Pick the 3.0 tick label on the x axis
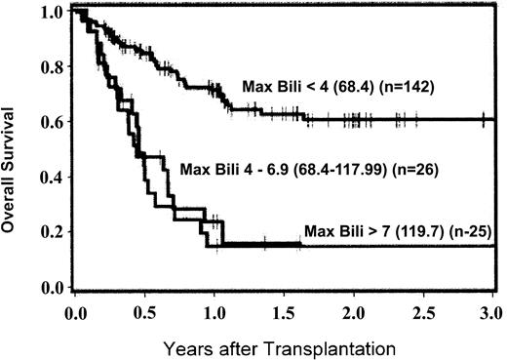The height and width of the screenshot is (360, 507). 491,313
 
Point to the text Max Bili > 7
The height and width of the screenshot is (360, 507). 338,231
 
